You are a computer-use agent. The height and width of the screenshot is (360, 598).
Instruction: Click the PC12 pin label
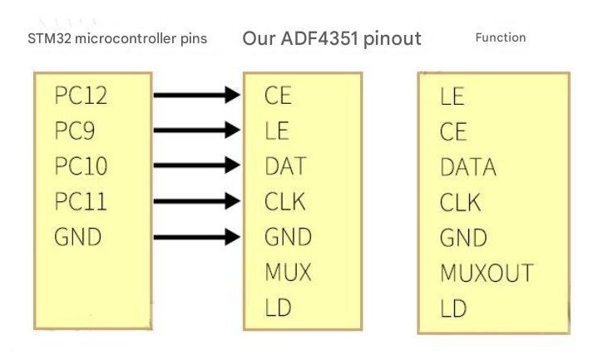(x=81, y=96)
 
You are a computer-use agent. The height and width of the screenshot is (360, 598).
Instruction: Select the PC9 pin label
(x=76, y=131)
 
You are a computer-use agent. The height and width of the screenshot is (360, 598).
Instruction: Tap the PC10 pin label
(x=81, y=166)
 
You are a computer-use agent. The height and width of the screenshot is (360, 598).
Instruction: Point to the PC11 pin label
(x=81, y=202)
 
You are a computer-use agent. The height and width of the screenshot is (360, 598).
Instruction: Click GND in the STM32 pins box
(x=77, y=237)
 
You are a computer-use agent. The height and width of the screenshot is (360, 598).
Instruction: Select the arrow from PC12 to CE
(x=196, y=96)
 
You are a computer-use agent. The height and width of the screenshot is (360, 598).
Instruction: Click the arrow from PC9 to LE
(x=196, y=131)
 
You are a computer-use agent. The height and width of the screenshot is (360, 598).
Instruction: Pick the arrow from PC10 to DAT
(x=196, y=166)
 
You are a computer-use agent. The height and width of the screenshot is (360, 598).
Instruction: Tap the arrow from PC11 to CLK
(x=196, y=202)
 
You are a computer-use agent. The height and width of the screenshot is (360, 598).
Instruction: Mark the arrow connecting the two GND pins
(x=196, y=237)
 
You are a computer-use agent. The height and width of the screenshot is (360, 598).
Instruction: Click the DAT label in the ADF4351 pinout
(x=285, y=166)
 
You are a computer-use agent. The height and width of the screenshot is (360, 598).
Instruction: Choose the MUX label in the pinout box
(x=288, y=273)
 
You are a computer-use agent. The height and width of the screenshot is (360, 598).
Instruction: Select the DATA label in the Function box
(x=468, y=168)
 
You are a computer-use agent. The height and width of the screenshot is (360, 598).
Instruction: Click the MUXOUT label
(x=487, y=274)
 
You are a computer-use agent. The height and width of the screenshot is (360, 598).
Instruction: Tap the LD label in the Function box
(x=453, y=309)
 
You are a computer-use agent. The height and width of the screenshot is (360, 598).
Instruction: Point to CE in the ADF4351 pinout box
(x=279, y=96)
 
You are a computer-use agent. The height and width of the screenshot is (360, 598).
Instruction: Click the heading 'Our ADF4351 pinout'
(x=332, y=38)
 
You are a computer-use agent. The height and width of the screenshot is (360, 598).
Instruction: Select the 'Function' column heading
(x=500, y=37)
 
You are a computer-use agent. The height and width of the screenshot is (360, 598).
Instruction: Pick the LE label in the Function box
(x=453, y=97)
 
